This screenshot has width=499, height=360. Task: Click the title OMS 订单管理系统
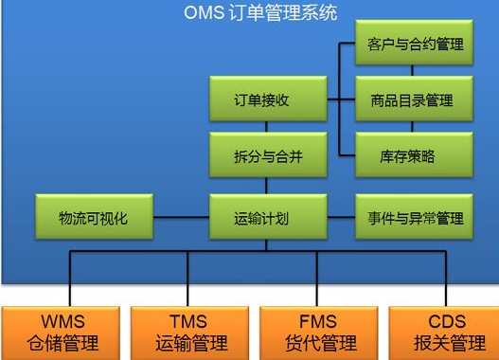[259, 12]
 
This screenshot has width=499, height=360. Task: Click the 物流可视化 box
[92, 218]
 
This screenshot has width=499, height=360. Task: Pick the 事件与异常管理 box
[414, 218]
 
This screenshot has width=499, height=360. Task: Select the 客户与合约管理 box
[414, 45]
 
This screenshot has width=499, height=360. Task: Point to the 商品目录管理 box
[414, 100]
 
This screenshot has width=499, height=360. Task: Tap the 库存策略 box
[414, 156]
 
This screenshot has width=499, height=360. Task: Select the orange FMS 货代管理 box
[315, 332]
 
